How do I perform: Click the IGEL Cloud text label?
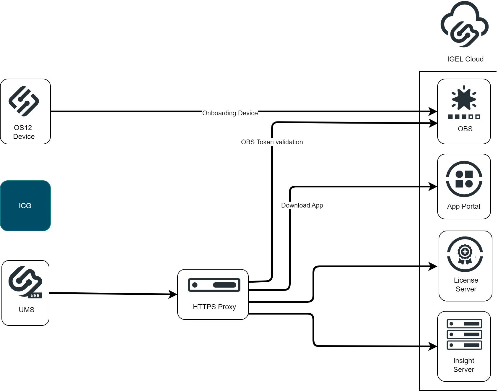(465, 59)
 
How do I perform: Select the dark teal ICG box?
(25, 206)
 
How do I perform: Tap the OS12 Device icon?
(24, 101)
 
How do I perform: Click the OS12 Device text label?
(24, 132)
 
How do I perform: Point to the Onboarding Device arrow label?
(230, 113)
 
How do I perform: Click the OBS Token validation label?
(272, 142)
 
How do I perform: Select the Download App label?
(302, 205)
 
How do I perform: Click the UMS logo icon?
(25, 281)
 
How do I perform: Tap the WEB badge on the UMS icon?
(35, 295)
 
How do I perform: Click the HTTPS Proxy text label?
(214, 307)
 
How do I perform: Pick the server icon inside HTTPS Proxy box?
(214, 285)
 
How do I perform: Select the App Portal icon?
(464, 179)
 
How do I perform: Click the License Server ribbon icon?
(465, 254)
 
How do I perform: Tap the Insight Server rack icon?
(464, 334)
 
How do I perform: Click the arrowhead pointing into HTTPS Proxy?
(173, 294)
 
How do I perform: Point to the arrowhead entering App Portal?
(433, 187)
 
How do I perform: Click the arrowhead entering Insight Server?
(433, 346)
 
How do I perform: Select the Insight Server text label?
(464, 365)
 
